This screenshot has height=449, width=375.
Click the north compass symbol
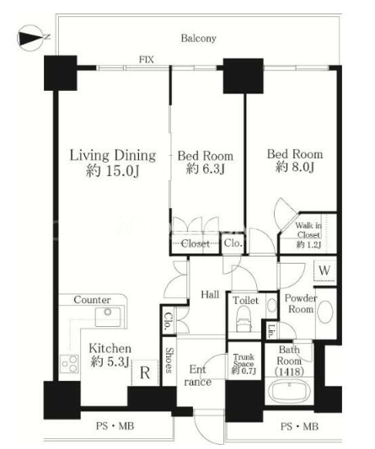pos(31,39)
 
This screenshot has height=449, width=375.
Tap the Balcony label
pos(198,39)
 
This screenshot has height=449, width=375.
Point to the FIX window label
pos(147,60)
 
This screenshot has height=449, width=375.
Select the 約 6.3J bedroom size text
pos(205,169)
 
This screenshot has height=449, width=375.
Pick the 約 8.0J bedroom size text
pos(295,167)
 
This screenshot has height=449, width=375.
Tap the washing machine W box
pos(324,270)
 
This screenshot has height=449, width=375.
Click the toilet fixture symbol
pos(244,318)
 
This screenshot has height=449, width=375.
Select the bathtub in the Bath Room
pos(290,392)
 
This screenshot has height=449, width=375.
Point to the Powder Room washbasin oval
pos(325,312)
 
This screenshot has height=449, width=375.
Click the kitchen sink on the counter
pos(108,317)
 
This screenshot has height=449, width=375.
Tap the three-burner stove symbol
pos(70,363)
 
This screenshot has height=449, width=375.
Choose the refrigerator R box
pos(145,372)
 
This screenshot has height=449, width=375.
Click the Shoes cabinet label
pos(169,361)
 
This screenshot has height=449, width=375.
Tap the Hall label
pos(210,294)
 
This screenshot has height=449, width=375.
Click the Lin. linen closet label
pos(271,330)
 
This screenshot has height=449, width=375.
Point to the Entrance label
pos(198,376)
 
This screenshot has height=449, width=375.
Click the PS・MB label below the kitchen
pos(115,425)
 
